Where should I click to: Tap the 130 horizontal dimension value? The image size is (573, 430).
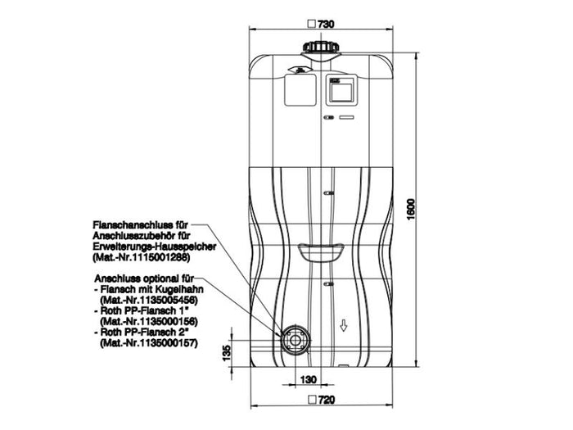coord(308,379)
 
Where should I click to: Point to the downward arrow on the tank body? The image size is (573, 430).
coord(345,326)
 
